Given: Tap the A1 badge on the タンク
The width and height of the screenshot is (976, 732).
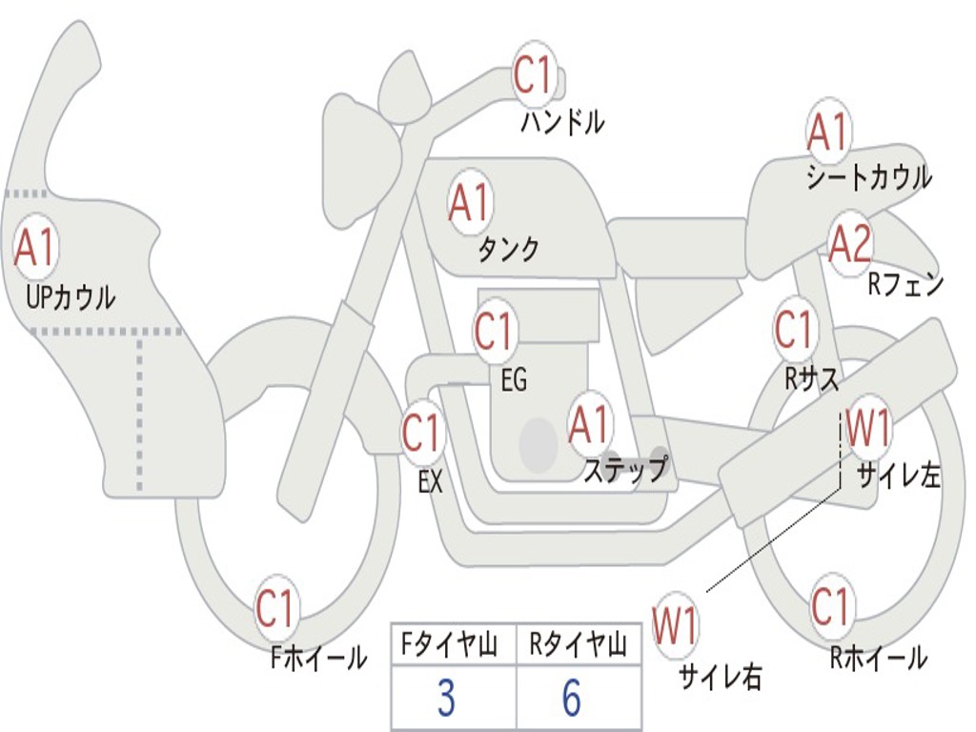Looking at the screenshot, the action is tap(469, 202).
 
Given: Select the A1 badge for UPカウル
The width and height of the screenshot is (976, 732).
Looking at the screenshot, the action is tap(36, 247).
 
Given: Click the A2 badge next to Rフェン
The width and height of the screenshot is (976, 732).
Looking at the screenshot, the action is tap(850, 244).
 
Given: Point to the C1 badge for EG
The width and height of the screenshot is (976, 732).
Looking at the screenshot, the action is tap(494, 332).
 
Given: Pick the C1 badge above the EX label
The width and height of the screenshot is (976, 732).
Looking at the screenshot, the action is tap(422, 434).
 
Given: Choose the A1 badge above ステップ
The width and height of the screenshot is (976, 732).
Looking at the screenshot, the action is tap(589, 424).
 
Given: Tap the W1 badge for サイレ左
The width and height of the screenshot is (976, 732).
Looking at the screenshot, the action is tap(868, 428).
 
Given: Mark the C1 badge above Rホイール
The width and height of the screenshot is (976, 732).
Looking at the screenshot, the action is tap(830, 604).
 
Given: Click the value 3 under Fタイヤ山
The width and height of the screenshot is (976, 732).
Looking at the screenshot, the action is tap(446, 699).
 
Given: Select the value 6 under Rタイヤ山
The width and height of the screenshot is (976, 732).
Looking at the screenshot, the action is tap(571, 699).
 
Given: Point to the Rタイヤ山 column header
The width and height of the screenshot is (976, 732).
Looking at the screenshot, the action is tap(578, 646).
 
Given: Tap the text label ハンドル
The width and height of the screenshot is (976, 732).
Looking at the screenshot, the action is tap(562, 122).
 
